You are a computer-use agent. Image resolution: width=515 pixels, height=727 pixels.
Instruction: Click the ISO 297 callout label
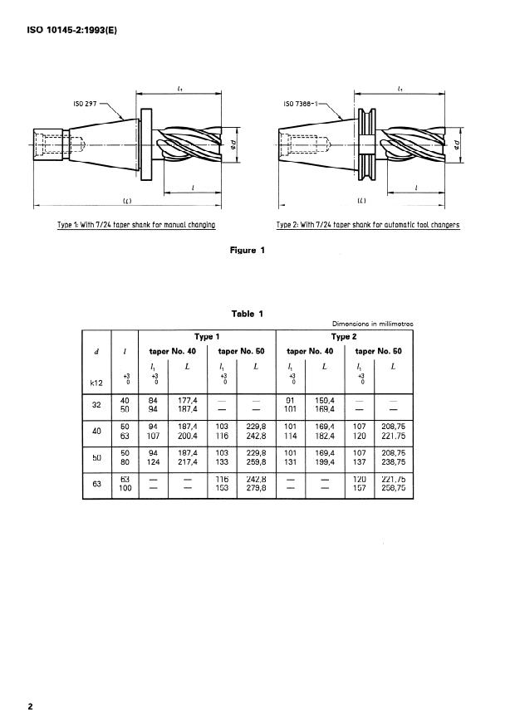coord(86,105)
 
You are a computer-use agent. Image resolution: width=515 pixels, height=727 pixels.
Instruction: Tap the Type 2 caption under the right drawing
coord(368,225)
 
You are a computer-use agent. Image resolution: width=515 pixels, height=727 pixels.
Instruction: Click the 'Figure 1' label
coord(247,250)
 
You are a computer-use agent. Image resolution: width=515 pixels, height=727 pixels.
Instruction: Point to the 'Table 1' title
coord(248,314)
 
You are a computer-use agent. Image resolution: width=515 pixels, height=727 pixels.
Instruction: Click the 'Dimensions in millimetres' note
coord(372,324)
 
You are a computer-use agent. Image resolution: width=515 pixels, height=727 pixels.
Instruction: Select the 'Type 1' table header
coord(207,337)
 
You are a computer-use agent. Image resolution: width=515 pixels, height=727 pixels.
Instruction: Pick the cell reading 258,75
coord(390,489)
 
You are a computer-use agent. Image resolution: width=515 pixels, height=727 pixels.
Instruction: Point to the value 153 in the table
coord(222,489)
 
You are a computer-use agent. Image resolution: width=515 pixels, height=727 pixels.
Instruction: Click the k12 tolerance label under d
coord(96,383)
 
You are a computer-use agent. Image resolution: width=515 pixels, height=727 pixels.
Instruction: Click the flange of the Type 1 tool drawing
coord(147,145)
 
